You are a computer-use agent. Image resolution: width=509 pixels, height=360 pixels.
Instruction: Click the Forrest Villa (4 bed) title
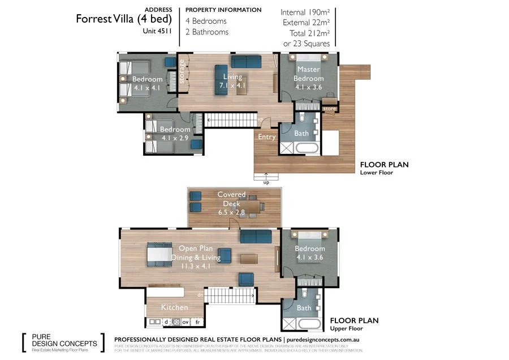116,19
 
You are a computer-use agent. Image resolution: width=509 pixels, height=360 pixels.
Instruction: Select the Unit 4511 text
158,32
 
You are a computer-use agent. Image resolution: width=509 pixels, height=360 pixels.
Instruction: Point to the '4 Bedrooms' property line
206,21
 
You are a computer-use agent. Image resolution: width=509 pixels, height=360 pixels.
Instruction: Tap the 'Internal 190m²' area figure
306,12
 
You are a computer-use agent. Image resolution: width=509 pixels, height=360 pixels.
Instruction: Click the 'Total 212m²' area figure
310,33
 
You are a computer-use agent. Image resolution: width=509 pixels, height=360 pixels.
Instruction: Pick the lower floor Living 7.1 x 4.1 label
232,81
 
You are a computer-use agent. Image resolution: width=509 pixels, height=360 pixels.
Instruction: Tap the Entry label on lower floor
266,137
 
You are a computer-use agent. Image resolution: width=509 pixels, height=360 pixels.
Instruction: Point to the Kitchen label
174,307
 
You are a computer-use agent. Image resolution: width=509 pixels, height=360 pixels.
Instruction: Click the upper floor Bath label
304,308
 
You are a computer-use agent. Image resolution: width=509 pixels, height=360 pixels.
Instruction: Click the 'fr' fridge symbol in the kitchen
197,322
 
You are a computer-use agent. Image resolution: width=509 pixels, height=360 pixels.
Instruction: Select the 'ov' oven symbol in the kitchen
185,322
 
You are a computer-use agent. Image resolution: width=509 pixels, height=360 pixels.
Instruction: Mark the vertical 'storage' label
182,73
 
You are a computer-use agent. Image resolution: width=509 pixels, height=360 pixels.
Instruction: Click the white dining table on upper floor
161,254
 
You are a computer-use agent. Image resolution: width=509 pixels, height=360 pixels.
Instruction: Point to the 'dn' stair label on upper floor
200,295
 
